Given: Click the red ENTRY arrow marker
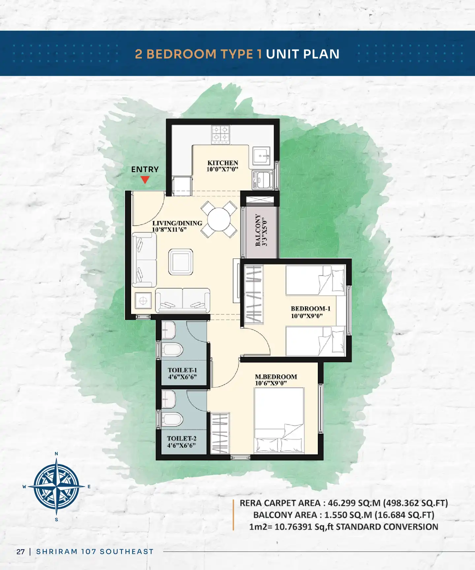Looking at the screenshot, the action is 145,180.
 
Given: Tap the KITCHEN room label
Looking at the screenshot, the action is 223,163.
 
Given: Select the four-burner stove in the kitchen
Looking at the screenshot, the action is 221,135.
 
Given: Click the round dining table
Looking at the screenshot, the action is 219,220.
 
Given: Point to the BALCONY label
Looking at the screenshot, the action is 258,230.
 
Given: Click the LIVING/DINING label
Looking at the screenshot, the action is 177,223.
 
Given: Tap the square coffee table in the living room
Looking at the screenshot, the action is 181,262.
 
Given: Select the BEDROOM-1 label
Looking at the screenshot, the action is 310,309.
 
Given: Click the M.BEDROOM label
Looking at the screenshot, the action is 276,377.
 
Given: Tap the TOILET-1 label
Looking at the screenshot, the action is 182,370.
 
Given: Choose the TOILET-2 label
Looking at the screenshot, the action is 181,438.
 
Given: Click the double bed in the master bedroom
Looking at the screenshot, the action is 279,421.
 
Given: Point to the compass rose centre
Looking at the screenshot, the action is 56,487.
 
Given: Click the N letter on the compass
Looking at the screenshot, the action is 56,454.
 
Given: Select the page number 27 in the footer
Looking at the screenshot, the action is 20,552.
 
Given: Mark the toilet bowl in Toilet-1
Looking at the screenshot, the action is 172,350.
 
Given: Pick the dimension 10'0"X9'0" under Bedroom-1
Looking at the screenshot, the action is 307,316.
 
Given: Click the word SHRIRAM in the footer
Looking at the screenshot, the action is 57,552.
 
